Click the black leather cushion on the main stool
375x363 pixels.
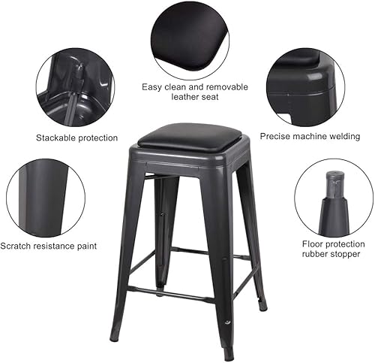pyautogui.click(x=189, y=136)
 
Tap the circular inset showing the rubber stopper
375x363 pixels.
pyautogui.click(x=334, y=198)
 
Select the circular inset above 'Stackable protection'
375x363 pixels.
pyautogui.click(x=75, y=88)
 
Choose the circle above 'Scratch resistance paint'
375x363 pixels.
pyautogui.click(x=46, y=198)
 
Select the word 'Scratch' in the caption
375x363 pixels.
pyautogui.click(x=18, y=246)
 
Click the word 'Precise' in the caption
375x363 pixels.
pyautogui.click(x=276, y=137)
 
